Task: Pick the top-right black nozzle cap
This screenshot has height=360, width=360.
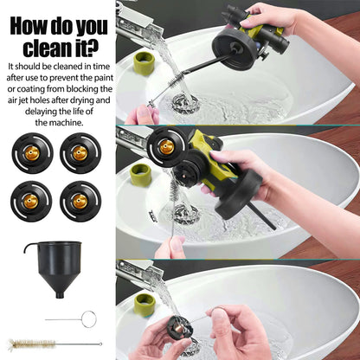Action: [81, 153]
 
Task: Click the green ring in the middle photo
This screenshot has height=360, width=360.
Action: [141, 173]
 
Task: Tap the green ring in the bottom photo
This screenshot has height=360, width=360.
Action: [144, 304]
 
